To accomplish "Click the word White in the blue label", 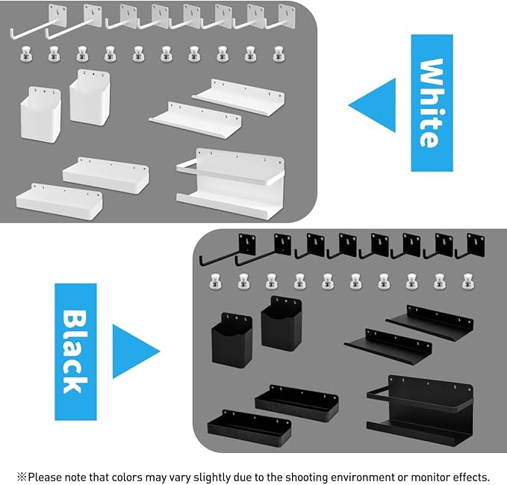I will click(432, 103).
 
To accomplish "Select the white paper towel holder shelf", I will click(229, 179).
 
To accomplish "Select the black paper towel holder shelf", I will click(419, 411).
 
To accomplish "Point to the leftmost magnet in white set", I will click(25, 54).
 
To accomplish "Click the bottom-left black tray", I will click(248, 428).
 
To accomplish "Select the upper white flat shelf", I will click(239, 96).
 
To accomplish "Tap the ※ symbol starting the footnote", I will click(22, 477).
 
